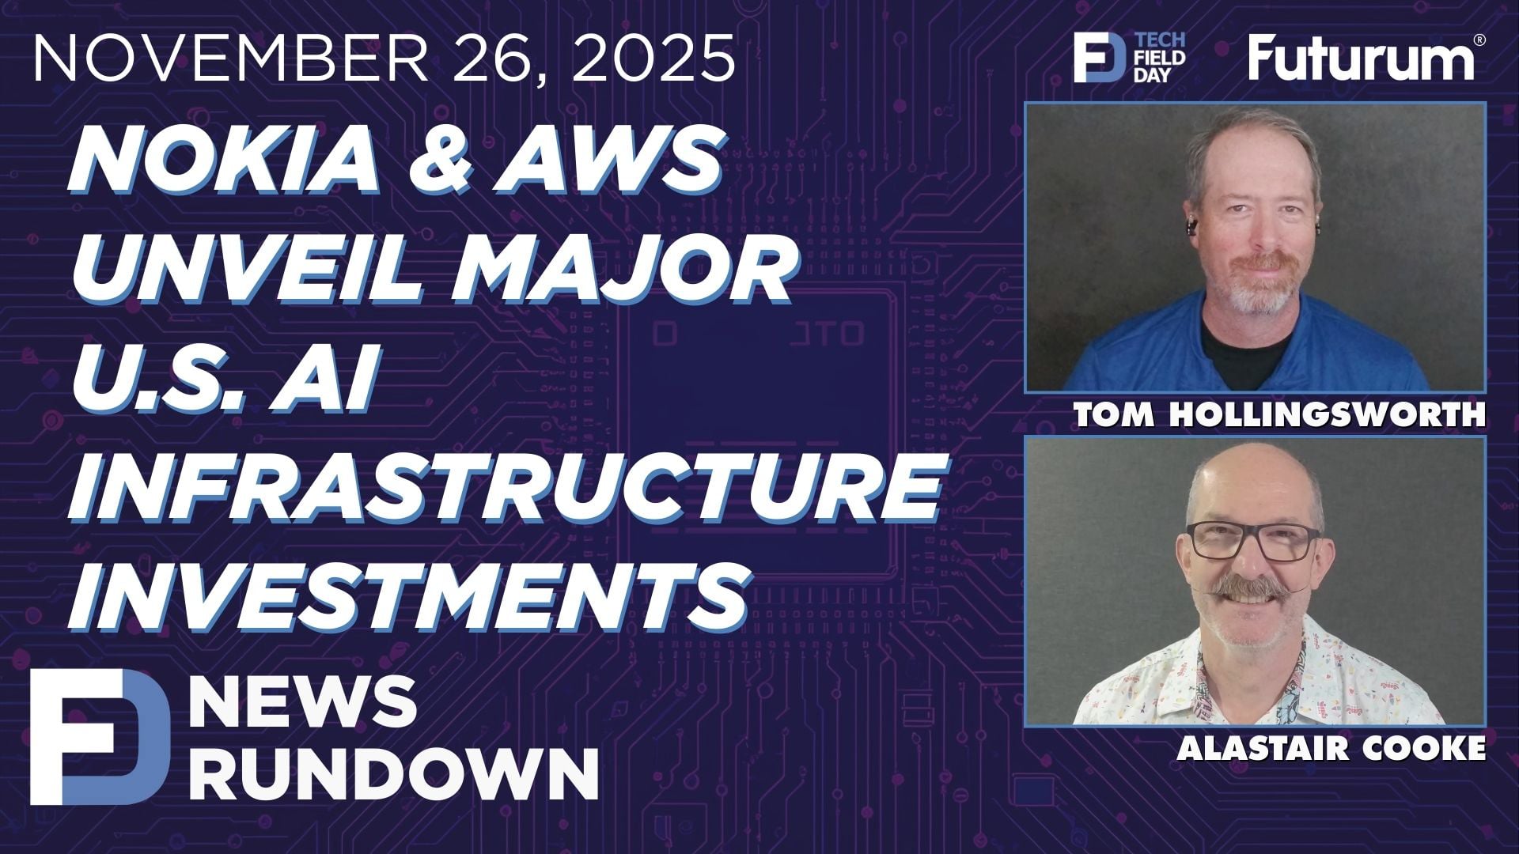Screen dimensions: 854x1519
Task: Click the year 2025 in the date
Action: pyautogui.click(x=652, y=59)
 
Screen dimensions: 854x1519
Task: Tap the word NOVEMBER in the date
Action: pyautogui.click(x=229, y=59)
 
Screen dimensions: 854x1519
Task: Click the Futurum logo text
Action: pyautogui.click(x=1359, y=59)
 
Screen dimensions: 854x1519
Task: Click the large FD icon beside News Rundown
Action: pyautogui.click(x=99, y=736)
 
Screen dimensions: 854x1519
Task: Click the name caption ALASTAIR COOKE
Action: pyautogui.click(x=1331, y=748)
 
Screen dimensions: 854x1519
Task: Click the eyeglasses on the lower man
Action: pyautogui.click(x=1253, y=540)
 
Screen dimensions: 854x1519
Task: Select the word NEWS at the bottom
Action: pyautogui.click(x=305, y=702)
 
